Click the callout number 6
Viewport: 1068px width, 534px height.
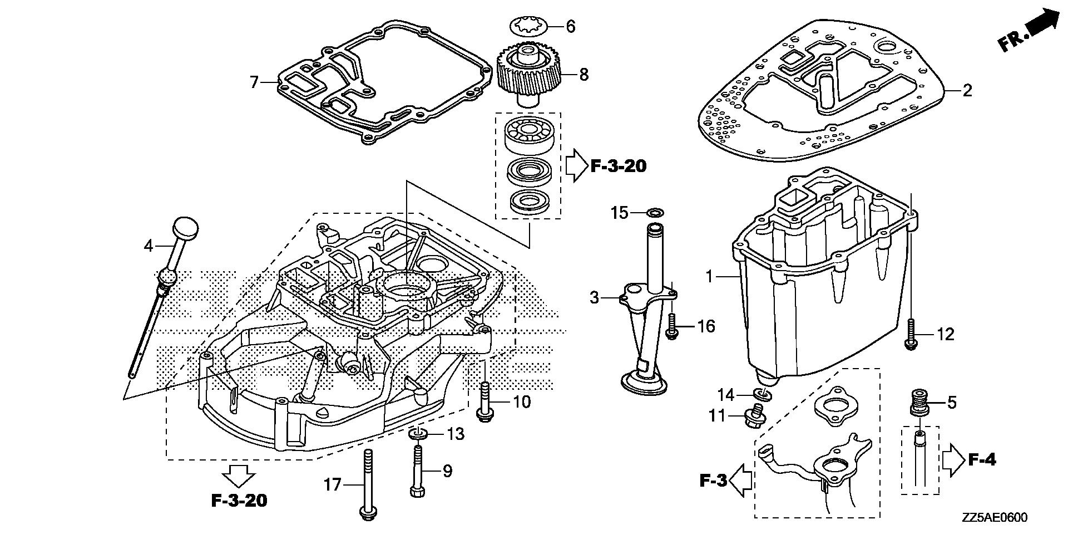[x=570, y=27]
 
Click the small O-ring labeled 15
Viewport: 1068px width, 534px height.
[x=655, y=212]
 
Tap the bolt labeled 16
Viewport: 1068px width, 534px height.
[x=671, y=326]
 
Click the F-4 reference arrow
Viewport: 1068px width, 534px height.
[x=951, y=460]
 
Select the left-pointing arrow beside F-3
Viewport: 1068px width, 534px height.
[x=740, y=481]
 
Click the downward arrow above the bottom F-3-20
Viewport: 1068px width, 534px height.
[x=238, y=476]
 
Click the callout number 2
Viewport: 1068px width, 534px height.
[x=967, y=90]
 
